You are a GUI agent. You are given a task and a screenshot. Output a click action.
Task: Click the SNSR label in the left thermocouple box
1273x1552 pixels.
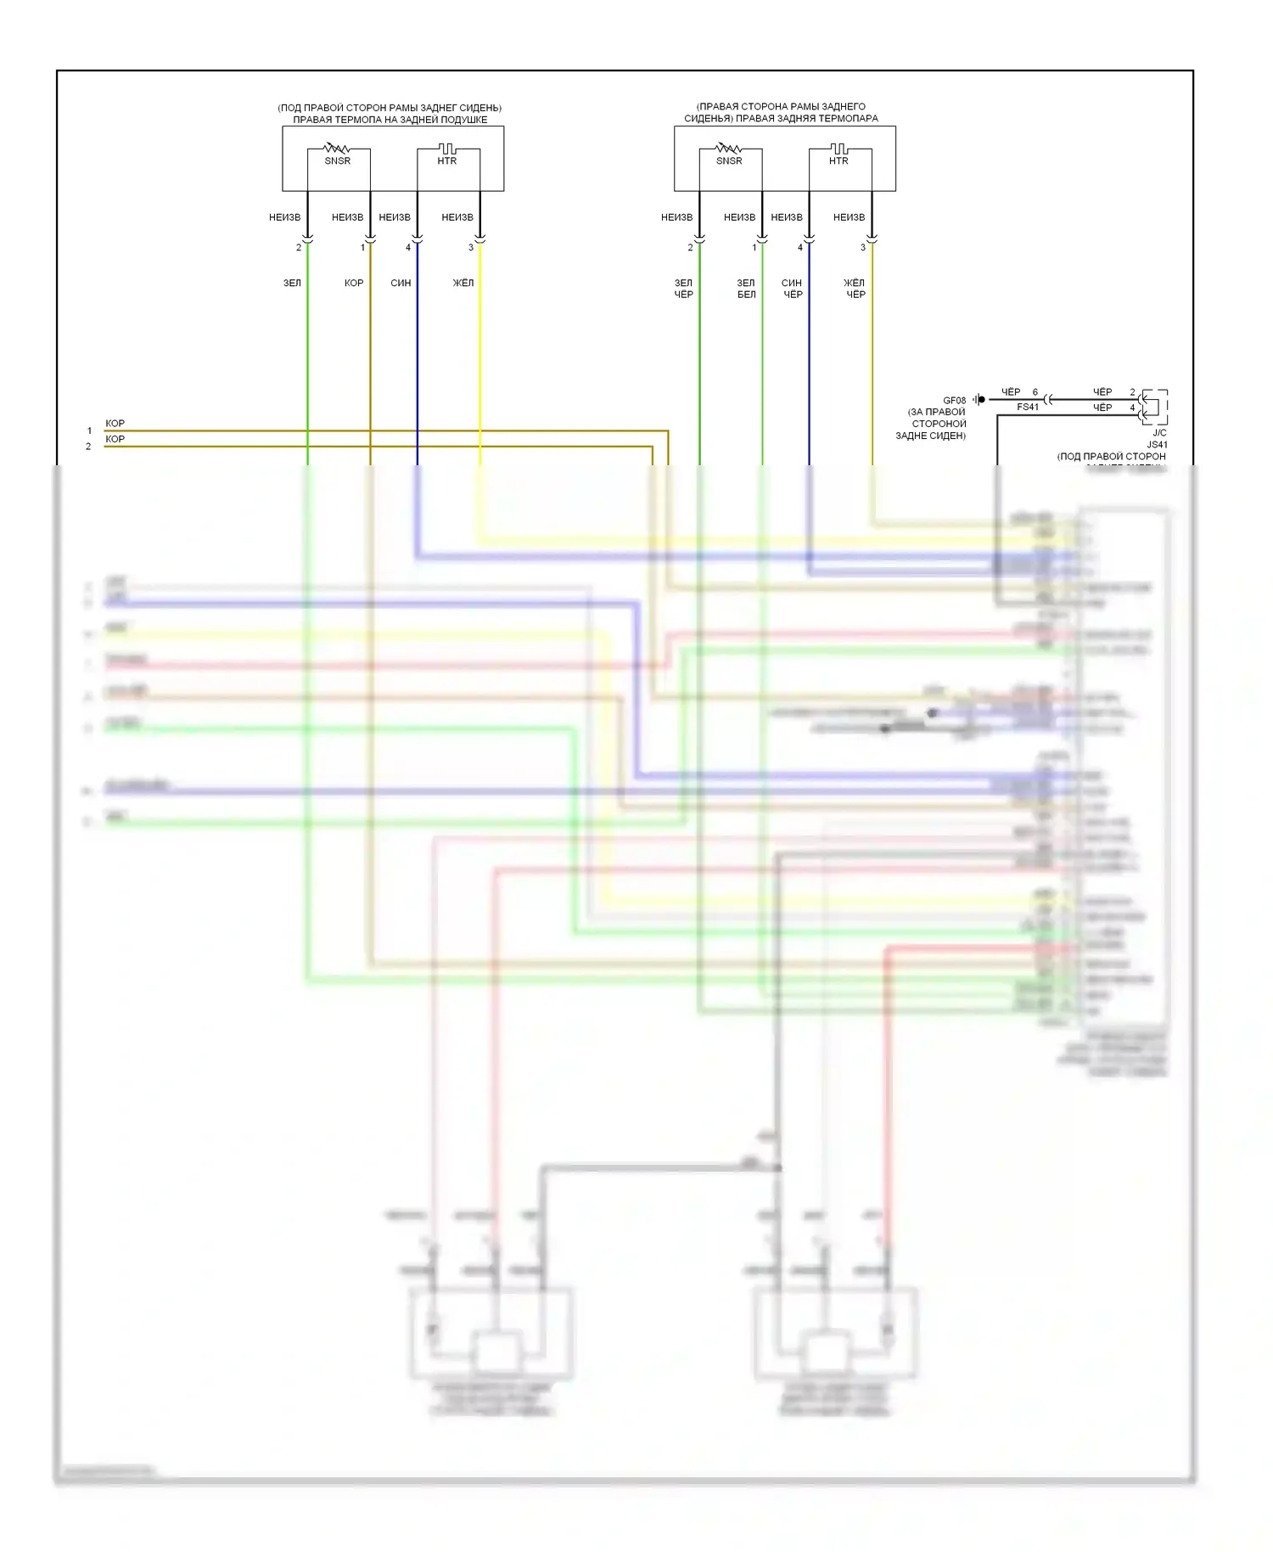pos(337,160)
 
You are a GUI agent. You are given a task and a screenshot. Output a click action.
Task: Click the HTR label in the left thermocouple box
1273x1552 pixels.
pos(446,160)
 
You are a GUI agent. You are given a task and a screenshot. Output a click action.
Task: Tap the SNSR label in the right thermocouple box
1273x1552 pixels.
pos(729,160)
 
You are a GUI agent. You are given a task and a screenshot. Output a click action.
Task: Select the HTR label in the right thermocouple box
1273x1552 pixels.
pos(838,160)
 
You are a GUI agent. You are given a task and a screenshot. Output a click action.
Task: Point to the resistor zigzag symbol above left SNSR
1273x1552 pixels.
pos(337,149)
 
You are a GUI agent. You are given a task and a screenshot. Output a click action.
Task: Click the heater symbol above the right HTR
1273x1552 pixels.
pos(838,149)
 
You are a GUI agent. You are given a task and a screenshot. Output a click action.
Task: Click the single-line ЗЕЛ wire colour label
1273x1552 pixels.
pos(292,283)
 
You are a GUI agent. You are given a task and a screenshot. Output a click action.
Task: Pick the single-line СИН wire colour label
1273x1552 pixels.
pos(401,283)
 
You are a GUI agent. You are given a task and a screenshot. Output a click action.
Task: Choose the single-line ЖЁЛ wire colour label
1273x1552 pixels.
pos(463,283)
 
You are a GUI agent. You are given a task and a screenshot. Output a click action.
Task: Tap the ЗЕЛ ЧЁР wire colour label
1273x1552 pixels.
pos(684,289)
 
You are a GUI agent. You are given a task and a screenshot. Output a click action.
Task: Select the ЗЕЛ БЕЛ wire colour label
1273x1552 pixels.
pos(746,289)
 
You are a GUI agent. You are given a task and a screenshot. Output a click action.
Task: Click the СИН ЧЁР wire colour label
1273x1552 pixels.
pos(792,289)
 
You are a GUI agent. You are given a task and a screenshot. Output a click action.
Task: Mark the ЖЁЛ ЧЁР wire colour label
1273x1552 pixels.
pos(855,289)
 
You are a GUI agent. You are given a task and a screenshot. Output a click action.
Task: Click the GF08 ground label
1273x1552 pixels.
pos(954,400)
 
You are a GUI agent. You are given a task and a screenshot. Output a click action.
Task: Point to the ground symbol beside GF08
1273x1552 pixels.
pos(979,399)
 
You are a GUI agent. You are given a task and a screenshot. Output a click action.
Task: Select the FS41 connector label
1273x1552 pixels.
pos(1028,408)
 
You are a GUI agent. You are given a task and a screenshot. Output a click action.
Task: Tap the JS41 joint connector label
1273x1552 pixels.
pos(1157,444)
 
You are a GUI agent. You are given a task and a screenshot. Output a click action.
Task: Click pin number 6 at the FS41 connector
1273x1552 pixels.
pos(1035,392)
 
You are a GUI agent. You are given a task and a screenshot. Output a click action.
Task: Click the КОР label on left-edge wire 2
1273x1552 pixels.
pos(115,439)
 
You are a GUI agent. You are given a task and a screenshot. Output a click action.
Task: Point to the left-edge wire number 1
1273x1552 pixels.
pos(89,430)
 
